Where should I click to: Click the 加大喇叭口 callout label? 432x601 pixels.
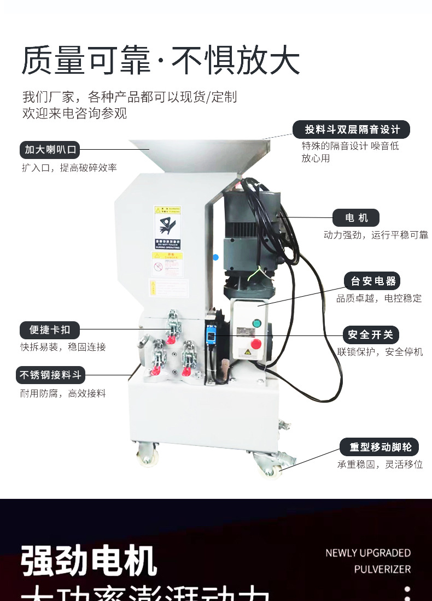pyautogui.click(x=49, y=149)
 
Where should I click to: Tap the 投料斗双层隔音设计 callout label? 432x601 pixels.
pyautogui.click(x=352, y=129)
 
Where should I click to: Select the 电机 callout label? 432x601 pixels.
pyautogui.click(x=356, y=218)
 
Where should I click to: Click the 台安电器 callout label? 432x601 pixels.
pyautogui.click(x=373, y=281)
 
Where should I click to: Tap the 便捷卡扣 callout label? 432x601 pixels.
pyautogui.click(x=50, y=330)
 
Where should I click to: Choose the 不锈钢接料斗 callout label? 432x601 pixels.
pyautogui.click(x=50, y=375)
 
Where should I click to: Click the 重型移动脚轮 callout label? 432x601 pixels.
pyautogui.click(x=378, y=447)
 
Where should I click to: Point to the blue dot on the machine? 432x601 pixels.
pyautogui.click(x=215, y=257)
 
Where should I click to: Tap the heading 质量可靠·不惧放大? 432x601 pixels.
pyautogui.click(x=161, y=61)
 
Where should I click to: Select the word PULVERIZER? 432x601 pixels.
pyautogui.click(x=382, y=569)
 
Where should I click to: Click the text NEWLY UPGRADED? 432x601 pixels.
pyautogui.click(x=368, y=553)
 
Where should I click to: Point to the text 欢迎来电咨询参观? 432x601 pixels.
pyautogui.click(x=74, y=114)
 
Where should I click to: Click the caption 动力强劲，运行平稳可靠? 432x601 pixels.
pyautogui.click(x=376, y=235)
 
